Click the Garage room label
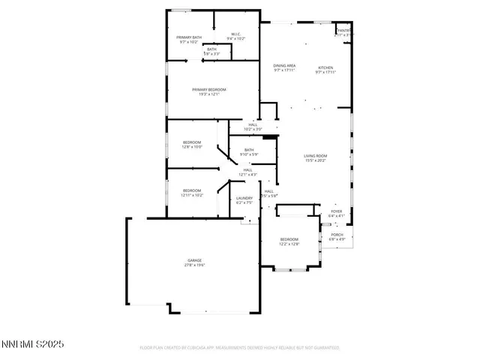click(194, 260)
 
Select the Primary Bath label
click(189, 37)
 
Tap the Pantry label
click(343, 30)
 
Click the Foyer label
click(337, 211)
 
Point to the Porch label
click(337, 235)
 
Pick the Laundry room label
click(244, 198)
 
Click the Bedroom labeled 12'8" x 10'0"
click(193, 142)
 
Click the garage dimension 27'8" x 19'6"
click(194, 265)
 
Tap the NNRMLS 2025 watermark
click(33, 344)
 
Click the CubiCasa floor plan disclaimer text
click(240, 348)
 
